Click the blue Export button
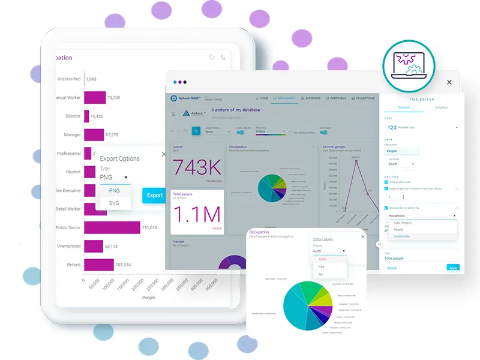(154, 195)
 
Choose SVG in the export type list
(114, 203)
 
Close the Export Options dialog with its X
(164, 154)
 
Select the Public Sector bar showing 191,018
(112, 227)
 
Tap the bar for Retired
(99, 265)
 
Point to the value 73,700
(114, 97)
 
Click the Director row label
(73, 116)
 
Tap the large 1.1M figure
(197, 215)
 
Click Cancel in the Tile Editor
(391, 268)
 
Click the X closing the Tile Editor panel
(449, 82)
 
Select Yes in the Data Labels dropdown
(322, 266)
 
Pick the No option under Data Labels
(322, 274)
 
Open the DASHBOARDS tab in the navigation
(283, 98)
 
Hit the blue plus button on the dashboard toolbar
(196, 131)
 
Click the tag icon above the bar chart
(212, 57)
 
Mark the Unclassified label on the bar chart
(69, 79)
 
